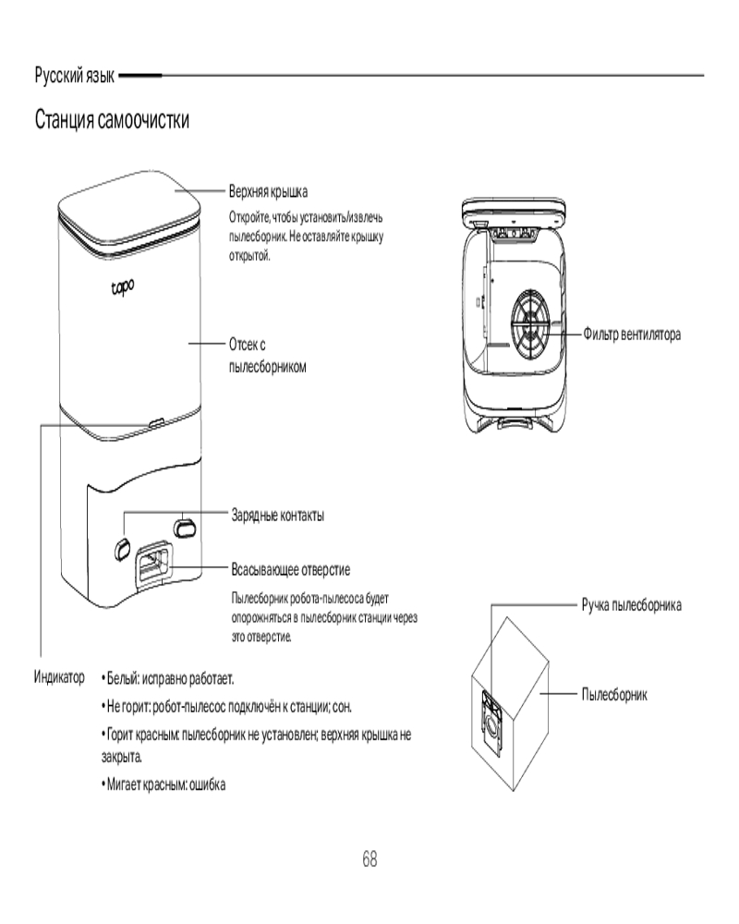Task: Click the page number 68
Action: pyautogui.click(x=369, y=858)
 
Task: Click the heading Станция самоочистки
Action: pyautogui.click(x=112, y=120)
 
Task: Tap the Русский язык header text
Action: pyautogui.click(x=75, y=75)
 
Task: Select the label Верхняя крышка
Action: pyautogui.click(x=268, y=190)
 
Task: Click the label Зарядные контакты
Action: pyautogui.click(x=276, y=514)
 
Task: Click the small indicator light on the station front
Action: pyautogui.click(x=154, y=421)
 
